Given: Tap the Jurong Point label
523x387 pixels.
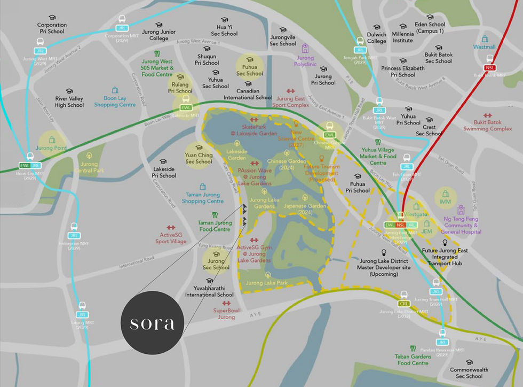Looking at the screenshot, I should [51, 148].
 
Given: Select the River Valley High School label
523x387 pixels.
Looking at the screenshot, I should [69, 102].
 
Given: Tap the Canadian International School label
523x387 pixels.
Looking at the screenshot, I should [248, 94].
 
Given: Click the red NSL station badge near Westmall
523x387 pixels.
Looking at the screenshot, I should [489, 68].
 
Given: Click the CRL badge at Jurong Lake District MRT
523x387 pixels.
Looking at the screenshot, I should [403, 304].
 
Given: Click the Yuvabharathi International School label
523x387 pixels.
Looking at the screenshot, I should [209, 291].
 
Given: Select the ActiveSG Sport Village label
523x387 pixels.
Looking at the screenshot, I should [171, 238].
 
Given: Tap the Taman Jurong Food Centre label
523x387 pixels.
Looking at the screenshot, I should [215, 226].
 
